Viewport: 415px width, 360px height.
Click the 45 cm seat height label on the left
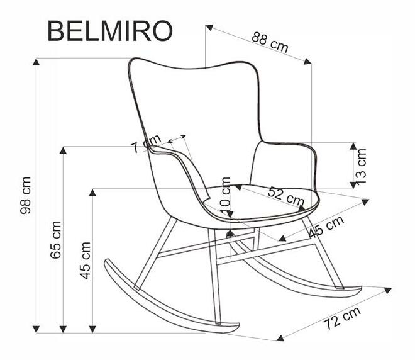[85, 259]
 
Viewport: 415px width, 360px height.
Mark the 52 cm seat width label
[285, 194]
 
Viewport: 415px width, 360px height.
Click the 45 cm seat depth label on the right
[326, 227]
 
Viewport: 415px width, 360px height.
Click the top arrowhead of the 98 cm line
[37, 62]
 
